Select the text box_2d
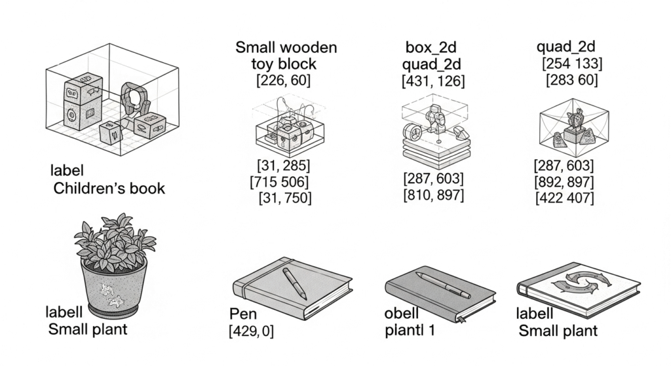point(431,47)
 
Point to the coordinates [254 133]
point(571,64)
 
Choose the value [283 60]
point(571,80)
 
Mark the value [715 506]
point(279,182)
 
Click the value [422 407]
point(564,198)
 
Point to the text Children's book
point(109,188)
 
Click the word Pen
point(243,314)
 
